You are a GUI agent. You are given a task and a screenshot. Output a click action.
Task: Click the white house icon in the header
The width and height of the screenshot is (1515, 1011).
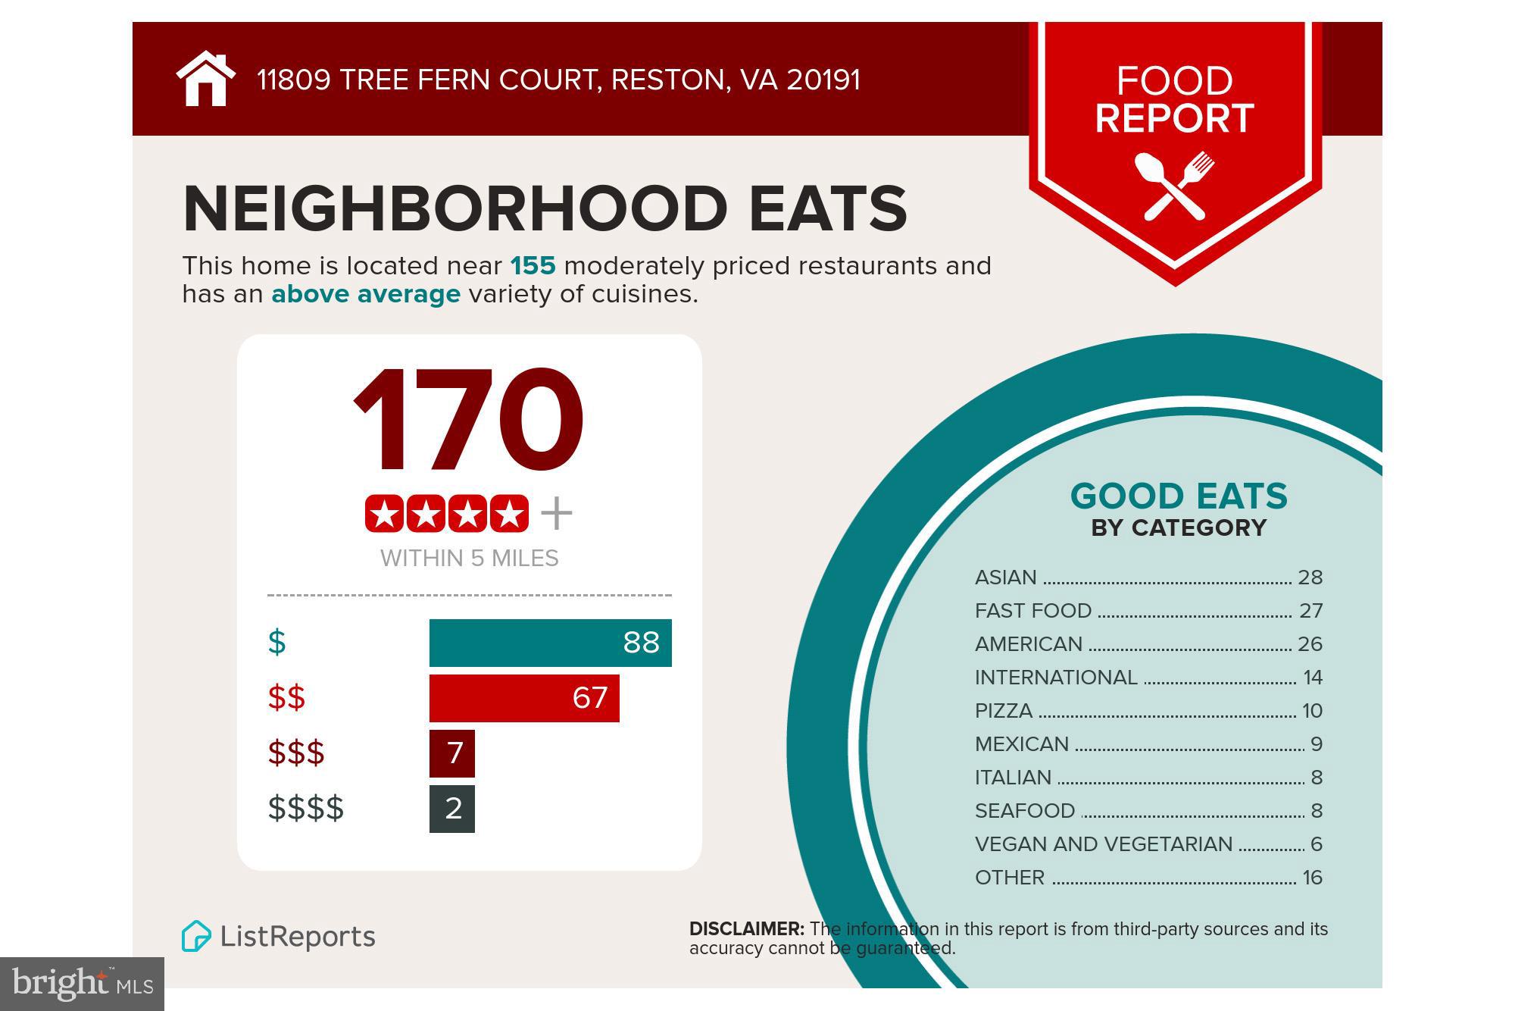[x=206, y=79]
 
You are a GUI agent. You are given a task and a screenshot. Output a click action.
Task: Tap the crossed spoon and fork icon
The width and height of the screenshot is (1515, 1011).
[x=1174, y=186]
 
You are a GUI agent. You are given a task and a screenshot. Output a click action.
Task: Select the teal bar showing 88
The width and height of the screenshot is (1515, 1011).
[x=550, y=643]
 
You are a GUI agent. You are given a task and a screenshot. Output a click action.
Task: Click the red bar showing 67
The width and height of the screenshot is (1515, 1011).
[x=524, y=698]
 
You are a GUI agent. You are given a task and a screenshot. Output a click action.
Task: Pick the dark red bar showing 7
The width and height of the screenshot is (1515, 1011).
[x=452, y=753]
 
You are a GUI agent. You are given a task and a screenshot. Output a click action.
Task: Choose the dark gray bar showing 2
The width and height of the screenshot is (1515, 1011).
[x=452, y=809]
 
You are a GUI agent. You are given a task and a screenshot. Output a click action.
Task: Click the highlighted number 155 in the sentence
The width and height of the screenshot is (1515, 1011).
[x=533, y=266]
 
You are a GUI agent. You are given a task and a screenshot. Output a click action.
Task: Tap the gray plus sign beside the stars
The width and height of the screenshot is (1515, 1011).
[x=557, y=514]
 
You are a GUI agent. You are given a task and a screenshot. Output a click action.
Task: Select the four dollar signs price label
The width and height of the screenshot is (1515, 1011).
[x=306, y=809]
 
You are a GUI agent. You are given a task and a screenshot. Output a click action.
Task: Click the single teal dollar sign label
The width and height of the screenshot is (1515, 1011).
[x=277, y=643]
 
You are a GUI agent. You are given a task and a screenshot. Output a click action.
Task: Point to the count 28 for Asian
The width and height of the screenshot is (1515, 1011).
[x=1310, y=577]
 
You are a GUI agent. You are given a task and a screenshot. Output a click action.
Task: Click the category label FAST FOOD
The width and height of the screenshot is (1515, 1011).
[x=1033, y=611]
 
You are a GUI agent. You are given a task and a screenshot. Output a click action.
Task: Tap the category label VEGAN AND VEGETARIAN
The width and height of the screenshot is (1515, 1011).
[x=1104, y=844]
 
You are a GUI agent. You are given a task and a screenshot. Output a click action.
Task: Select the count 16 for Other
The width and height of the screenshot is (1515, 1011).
[x=1313, y=878]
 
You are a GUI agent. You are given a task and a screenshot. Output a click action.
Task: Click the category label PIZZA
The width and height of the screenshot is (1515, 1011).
[x=1004, y=711]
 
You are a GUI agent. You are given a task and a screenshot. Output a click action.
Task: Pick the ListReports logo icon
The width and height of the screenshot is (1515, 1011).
[x=196, y=936]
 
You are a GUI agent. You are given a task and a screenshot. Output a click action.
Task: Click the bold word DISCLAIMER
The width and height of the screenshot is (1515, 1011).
[x=747, y=929]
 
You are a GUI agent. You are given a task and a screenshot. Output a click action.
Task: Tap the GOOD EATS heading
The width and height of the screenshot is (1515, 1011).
[x=1179, y=496]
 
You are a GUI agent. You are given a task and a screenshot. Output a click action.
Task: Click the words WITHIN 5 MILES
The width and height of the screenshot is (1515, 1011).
[x=470, y=559]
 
